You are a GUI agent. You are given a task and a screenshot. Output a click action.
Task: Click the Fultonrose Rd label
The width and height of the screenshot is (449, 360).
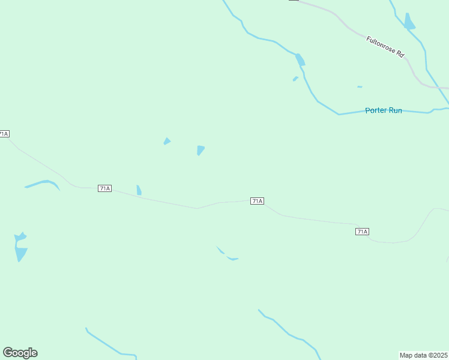click(385, 47)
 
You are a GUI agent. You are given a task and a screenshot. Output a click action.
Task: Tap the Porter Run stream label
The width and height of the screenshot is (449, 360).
click(384, 110)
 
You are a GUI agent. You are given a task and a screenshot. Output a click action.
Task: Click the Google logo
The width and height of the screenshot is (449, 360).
click(20, 353)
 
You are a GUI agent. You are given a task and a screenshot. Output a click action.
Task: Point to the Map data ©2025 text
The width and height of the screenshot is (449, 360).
click(424, 355)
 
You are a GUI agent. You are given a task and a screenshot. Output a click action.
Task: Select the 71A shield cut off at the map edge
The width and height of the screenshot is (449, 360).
click(4, 133)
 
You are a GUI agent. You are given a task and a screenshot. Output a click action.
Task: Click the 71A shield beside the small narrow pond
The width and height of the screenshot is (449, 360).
click(104, 188)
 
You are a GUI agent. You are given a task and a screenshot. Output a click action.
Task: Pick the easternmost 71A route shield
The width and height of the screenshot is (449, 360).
click(361, 231)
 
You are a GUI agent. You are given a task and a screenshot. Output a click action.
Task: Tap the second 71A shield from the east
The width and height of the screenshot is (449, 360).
click(257, 201)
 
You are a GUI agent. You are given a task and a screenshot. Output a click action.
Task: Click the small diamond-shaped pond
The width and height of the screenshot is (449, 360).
click(167, 142)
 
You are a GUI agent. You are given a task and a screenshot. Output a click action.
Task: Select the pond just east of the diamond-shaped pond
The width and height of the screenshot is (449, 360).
click(200, 150)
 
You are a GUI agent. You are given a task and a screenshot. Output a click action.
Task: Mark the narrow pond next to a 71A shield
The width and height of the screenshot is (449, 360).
click(139, 190)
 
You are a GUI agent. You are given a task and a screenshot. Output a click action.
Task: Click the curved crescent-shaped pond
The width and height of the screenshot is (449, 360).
click(43, 184)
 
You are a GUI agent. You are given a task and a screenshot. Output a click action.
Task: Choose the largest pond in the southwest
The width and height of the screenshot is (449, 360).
click(20, 247)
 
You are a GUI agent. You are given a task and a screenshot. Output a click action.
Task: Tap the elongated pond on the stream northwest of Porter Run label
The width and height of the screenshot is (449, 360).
click(300, 59)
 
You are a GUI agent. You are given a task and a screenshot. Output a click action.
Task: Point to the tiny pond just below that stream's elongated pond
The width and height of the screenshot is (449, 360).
click(295, 79)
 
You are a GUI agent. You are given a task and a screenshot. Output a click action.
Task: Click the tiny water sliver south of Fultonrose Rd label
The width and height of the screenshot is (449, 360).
click(360, 87)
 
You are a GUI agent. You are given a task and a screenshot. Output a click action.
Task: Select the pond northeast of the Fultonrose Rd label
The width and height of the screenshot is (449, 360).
click(409, 22)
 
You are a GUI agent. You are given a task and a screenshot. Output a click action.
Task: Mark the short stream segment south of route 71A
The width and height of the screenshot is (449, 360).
click(227, 255)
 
